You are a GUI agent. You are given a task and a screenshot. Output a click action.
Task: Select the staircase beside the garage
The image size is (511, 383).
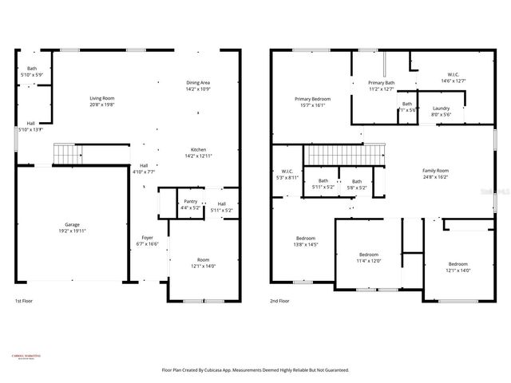pyautogui.click(x=68, y=152)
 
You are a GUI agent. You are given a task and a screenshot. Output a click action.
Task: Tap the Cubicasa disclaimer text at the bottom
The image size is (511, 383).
pyautogui.click(x=255, y=370)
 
